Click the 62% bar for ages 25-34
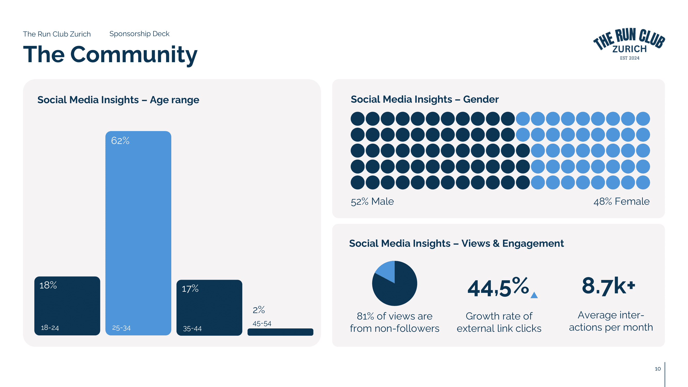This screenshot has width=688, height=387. point(138,232)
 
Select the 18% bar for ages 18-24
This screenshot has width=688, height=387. point(67,305)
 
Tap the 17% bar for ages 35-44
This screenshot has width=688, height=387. point(209,307)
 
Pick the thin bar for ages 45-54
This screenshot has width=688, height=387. point(280,332)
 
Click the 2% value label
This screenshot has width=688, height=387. point(258,310)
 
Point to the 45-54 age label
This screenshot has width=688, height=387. point(262,324)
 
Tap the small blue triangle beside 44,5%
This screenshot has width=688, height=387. point(534,295)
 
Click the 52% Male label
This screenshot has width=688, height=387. point(372,201)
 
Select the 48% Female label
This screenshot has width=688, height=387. point(621,201)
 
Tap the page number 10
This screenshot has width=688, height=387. point(658,369)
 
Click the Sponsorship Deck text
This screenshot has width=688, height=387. point(139,34)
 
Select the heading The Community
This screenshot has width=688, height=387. point(110,54)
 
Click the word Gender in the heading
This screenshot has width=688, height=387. point(481,99)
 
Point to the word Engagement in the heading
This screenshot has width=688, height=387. point(533,243)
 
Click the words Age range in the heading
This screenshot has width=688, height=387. point(174,100)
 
